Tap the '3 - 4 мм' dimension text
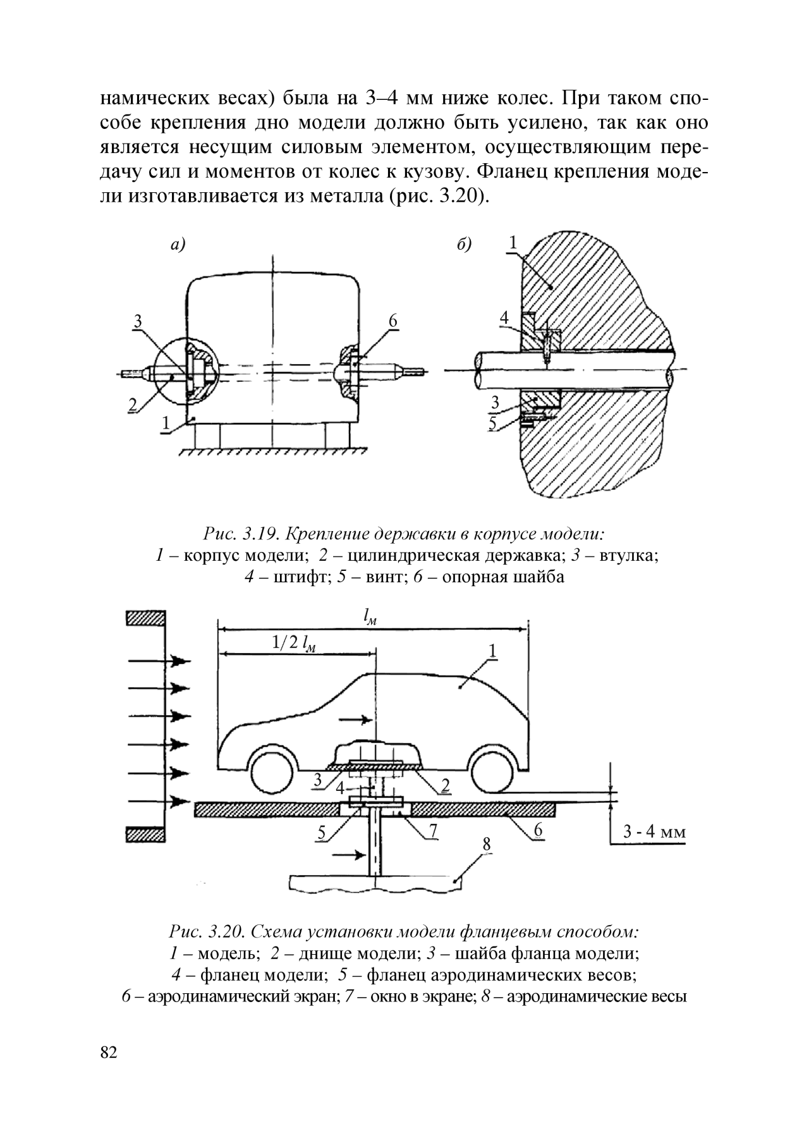(x=654, y=832)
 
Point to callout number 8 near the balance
(x=486, y=844)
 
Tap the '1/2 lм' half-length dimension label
(x=293, y=643)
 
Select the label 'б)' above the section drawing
(x=465, y=245)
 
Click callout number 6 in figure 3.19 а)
(x=392, y=322)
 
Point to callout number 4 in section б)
(x=504, y=318)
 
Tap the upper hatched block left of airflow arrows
(x=146, y=618)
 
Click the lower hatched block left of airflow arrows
(x=146, y=835)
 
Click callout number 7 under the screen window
(x=433, y=831)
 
